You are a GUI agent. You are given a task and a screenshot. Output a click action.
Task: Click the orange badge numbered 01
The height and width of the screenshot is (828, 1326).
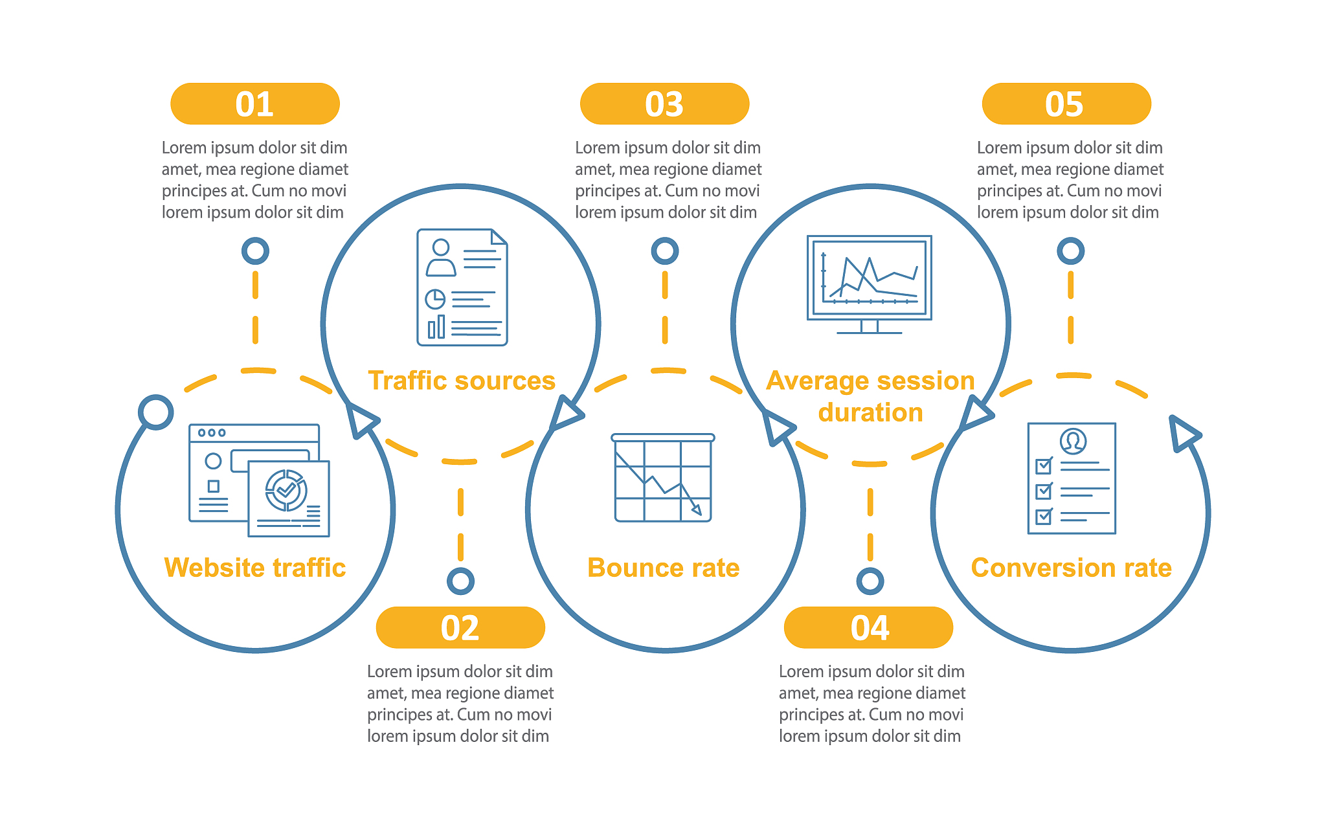[254, 104]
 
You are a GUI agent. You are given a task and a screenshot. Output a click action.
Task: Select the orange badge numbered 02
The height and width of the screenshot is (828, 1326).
[460, 627]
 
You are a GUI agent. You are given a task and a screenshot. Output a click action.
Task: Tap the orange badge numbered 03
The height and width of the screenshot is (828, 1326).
[664, 104]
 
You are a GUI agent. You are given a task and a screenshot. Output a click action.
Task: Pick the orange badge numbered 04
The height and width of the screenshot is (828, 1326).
[868, 627]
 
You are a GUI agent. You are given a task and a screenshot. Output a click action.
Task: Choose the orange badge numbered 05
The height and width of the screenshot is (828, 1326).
[1066, 104]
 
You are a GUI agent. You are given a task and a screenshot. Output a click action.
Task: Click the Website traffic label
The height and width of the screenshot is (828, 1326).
[254, 568]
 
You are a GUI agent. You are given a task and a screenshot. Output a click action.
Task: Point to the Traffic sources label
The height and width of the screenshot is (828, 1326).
[462, 381]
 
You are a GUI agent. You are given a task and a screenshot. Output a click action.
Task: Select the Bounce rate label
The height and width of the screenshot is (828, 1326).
[663, 568]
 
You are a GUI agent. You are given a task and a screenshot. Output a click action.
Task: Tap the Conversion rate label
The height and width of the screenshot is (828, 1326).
[1071, 568]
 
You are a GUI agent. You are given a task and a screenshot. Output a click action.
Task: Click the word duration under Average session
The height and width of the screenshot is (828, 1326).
[870, 412]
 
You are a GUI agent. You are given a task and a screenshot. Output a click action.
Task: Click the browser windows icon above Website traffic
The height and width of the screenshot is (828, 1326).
[259, 480]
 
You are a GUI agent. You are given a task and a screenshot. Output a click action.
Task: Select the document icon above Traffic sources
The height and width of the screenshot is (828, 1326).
[462, 287]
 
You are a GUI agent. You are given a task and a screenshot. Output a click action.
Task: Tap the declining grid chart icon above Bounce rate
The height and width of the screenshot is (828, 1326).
[662, 478]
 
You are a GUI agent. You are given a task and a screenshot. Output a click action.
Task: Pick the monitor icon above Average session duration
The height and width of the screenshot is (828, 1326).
[869, 284]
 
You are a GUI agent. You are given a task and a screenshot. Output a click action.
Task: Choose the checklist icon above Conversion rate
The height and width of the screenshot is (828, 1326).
[1072, 478]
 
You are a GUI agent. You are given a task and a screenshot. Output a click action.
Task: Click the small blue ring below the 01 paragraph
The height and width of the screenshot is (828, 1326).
[255, 251]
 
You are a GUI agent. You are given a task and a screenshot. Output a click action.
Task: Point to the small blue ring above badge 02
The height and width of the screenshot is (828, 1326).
[460, 581]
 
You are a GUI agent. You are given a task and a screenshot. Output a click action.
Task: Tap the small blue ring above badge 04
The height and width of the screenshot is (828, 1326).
[870, 581]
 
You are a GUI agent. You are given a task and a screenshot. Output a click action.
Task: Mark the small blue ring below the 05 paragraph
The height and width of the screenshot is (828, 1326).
[1070, 251]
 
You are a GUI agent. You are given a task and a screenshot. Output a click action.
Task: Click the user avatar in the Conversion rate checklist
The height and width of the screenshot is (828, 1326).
[1073, 441]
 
